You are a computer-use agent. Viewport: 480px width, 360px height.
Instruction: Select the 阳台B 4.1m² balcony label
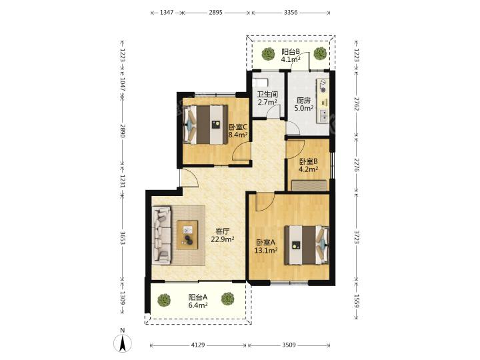pyautogui.click(x=290, y=55)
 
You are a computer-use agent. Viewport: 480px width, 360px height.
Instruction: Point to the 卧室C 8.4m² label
pyautogui.click(x=238, y=130)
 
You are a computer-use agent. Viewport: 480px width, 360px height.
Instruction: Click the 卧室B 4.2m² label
pyautogui.click(x=308, y=165)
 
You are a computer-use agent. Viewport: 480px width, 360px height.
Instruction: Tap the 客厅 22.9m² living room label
pyautogui.click(x=223, y=235)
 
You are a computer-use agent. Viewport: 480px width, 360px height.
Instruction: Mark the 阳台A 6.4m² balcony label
pyautogui.click(x=197, y=301)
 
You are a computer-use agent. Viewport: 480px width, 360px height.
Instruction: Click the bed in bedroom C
pyautogui.click(x=207, y=123)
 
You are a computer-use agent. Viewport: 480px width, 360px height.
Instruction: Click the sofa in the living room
pyautogui.click(x=163, y=235)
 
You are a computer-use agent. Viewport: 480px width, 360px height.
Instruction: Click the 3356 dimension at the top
pyautogui.click(x=291, y=13)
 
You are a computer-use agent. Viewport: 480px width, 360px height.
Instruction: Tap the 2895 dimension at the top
pyautogui.click(x=215, y=13)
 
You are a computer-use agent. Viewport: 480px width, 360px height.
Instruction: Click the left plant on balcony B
pyautogui.click(x=269, y=53)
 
